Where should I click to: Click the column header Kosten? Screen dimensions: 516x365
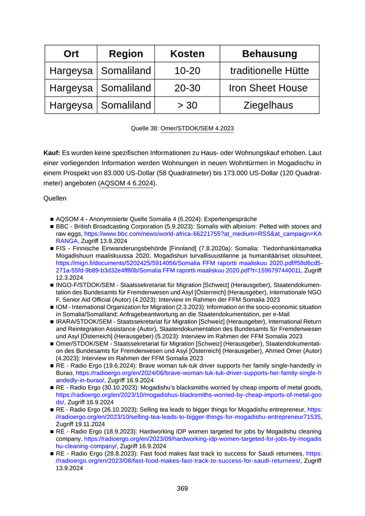pos(187,54)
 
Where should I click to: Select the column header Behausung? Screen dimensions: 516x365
pos(269,54)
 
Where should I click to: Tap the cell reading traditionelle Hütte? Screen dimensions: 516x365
pos(269,70)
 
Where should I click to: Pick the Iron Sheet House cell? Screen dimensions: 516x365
pos(269,88)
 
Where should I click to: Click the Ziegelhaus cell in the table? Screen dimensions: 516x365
pos(269,105)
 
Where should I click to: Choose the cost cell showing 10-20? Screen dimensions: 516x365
pos(187,70)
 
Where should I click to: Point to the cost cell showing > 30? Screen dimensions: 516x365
pos(187,105)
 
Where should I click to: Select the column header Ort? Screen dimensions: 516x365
pos(71,54)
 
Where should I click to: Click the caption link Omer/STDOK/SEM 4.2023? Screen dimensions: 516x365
pos(197,128)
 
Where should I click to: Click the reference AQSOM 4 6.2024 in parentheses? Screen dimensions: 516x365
pos(127,183)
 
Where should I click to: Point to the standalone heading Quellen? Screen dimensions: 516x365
pos(55,199)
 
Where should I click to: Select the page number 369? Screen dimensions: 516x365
pos(182,488)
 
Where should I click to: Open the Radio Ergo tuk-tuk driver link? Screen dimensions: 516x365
pos(198,373)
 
